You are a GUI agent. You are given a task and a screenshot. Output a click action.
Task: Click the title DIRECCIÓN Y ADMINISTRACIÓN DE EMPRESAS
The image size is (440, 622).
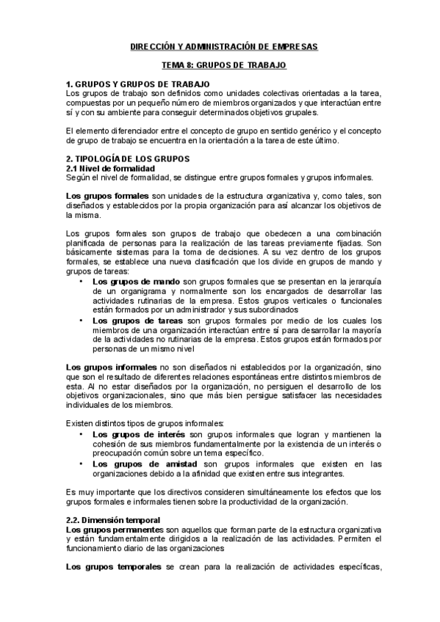pos(219,45)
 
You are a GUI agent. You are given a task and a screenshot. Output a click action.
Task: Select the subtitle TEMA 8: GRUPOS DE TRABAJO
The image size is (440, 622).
pos(219,65)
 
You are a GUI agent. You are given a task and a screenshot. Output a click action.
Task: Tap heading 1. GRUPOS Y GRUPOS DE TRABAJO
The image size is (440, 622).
pos(138,84)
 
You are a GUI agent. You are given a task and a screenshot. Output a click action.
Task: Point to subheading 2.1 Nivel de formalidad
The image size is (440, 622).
pos(110,168)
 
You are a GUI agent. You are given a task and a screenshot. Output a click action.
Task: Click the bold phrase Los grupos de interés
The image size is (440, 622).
pos(138,434)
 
